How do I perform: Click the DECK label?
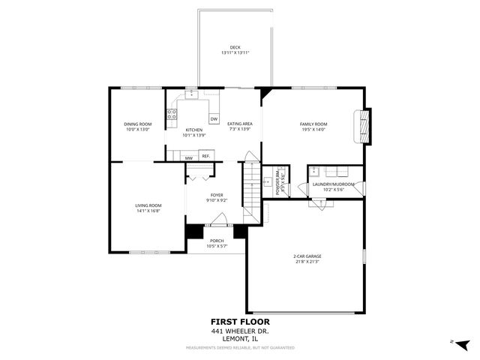point(235,47)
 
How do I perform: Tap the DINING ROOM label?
point(138,124)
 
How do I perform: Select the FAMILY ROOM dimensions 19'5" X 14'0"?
point(314,130)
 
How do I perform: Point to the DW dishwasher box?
point(214,119)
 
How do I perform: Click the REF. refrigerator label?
point(205,156)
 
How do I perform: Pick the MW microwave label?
point(189,158)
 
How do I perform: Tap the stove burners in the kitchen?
point(172,115)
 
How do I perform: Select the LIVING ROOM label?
point(148,205)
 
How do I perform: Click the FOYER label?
point(216,195)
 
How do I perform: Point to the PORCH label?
point(217,241)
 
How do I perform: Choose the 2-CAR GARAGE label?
point(306,256)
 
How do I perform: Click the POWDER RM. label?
point(277,180)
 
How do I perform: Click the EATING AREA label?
point(239,124)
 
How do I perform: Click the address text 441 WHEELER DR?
point(239,331)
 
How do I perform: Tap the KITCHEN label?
point(194,130)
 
